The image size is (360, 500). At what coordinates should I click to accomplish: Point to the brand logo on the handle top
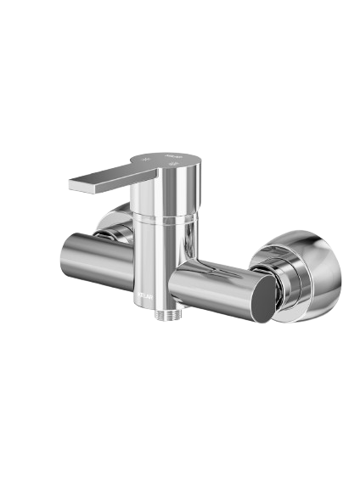pyautogui.click(x=172, y=157)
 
